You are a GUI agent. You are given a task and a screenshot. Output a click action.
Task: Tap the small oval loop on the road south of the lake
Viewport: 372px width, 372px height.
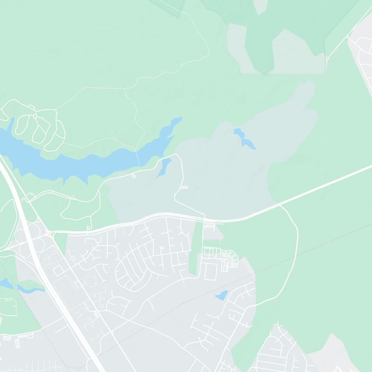(133, 176)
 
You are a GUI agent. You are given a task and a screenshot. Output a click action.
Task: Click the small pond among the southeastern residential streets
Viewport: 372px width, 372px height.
(222, 295)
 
